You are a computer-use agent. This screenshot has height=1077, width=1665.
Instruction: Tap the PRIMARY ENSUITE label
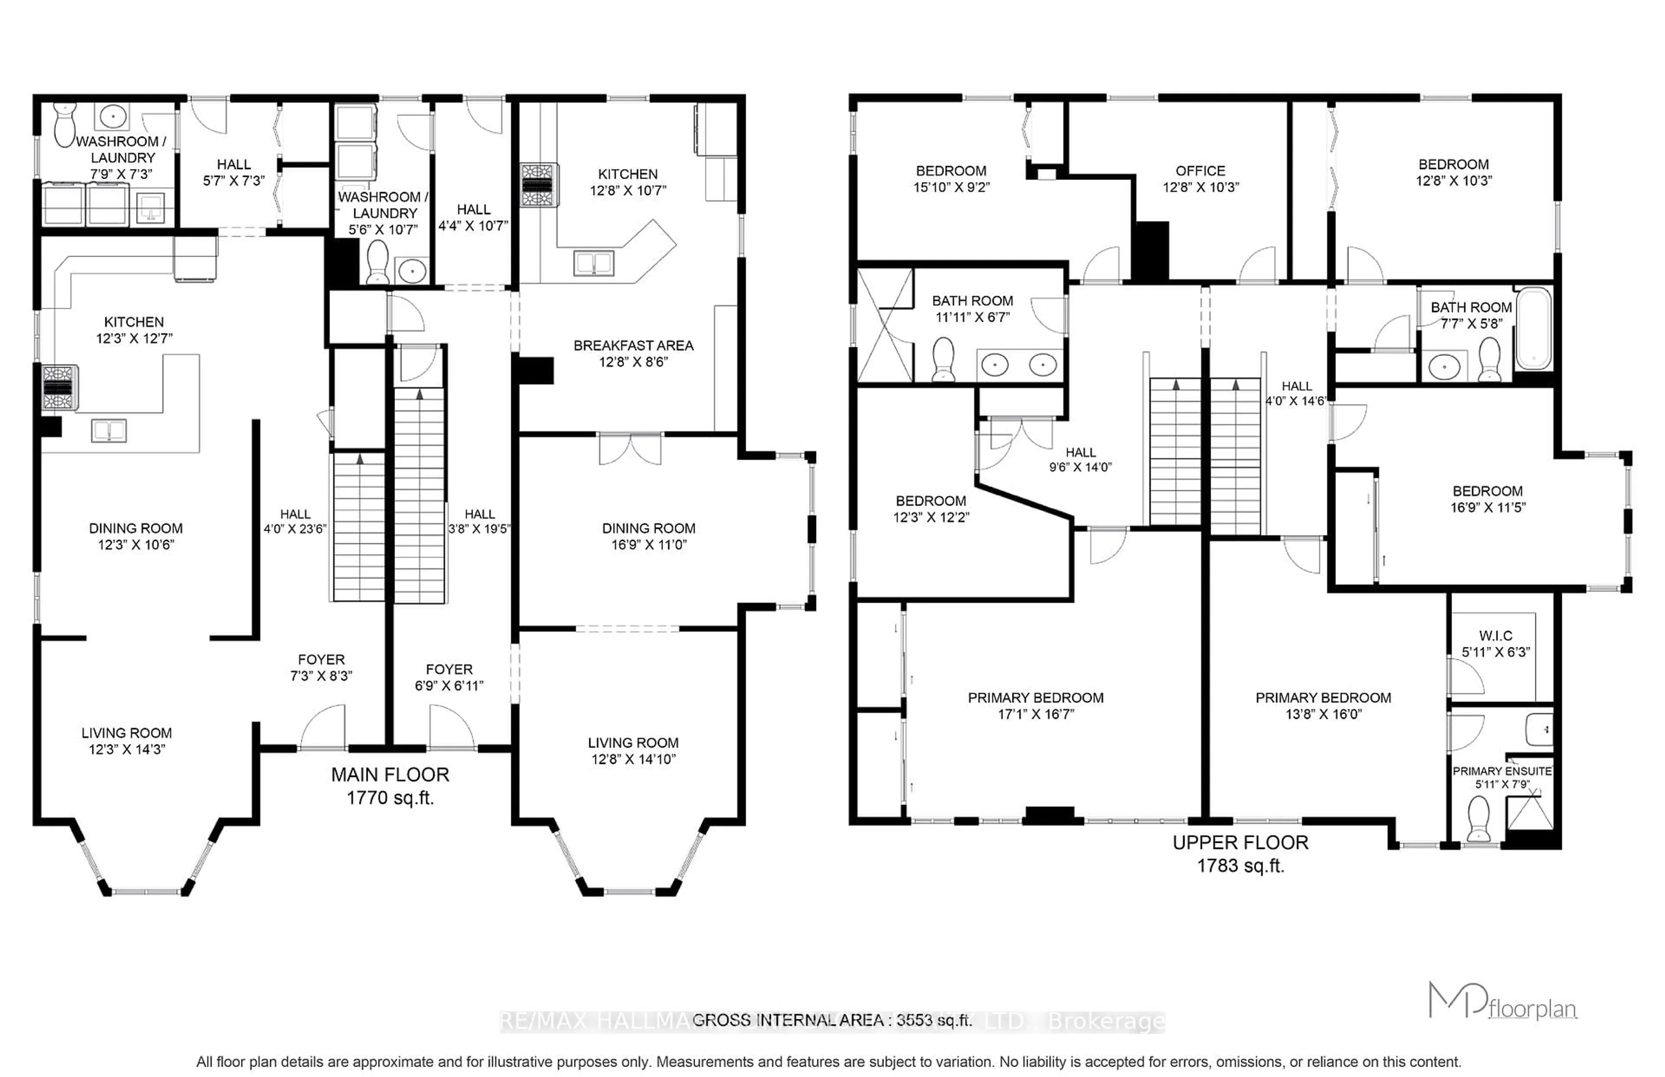1502,771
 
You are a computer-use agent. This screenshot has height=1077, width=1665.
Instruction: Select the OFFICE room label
1200,171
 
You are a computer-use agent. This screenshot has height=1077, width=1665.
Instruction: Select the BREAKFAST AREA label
633,346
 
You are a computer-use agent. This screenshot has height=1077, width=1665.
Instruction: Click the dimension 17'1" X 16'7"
1035,714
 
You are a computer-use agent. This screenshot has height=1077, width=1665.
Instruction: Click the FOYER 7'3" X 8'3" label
321,659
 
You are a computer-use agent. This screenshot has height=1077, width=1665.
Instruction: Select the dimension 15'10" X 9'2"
951,187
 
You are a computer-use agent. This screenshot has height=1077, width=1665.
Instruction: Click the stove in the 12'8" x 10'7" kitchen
539,185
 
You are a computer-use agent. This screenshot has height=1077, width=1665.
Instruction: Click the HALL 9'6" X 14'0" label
1081,453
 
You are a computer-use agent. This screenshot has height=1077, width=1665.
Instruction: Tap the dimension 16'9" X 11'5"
1487,507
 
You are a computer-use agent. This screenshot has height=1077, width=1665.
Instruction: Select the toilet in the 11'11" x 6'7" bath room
943,359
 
